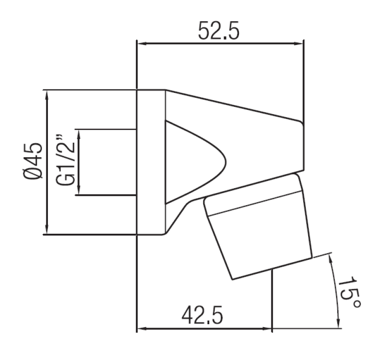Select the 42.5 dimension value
pyautogui.click(x=202, y=316)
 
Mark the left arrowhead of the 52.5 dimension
pyautogui.click(x=141, y=44)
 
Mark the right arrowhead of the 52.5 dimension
pyautogui.click(x=300, y=44)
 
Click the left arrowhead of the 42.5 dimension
pyautogui.click(x=141, y=329)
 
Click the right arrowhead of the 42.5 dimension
pyautogui.click(x=268, y=329)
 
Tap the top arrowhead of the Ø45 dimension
pyautogui.click(x=47, y=94)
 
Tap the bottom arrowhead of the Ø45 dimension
pyautogui.click(x=47, y=231)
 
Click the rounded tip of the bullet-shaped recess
pyautogui.click(x=225, y=162)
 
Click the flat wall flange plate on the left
pyautogui.click(x=151, y=162)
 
